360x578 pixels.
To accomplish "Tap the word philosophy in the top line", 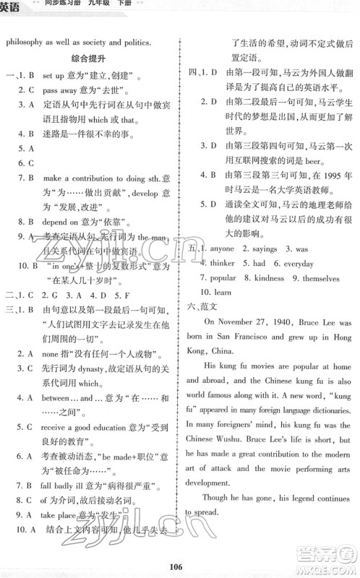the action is point(28,41).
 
